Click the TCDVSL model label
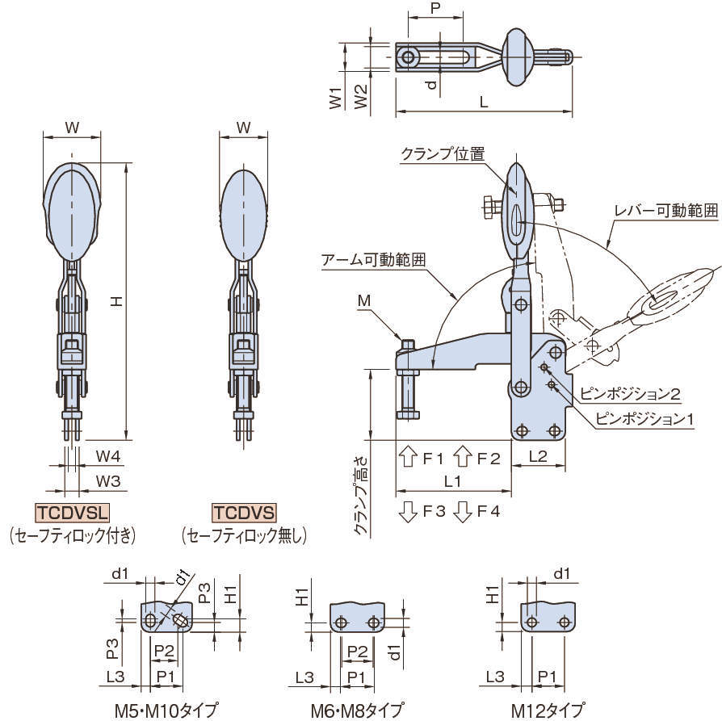72,513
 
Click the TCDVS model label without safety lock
244,513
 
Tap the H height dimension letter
115,300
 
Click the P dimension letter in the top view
435,9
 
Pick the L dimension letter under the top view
483,103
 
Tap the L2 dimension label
540,457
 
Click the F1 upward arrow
408,457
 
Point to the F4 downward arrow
463,511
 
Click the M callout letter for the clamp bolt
364,301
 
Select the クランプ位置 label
443,153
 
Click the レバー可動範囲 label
665,211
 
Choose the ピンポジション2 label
631,396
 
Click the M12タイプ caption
547,711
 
